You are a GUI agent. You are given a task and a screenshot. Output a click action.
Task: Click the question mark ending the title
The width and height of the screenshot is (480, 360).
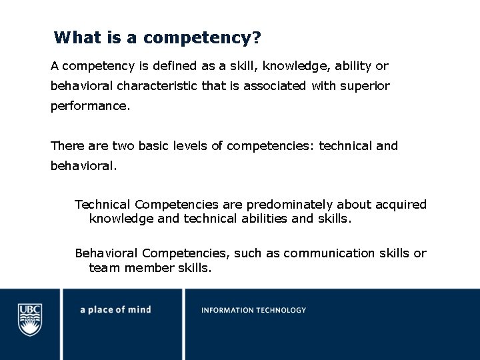point(257,37)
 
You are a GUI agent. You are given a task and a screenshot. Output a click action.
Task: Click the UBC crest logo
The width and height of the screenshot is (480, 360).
point(30,319)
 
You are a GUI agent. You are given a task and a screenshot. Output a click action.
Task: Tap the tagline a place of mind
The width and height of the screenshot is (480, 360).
point(115,310)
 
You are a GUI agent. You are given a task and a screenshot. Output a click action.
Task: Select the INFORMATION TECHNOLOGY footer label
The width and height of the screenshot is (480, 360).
point(253,310)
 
